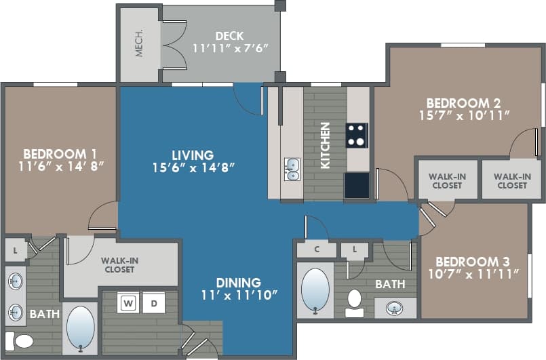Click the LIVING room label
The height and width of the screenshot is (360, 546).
tap(192, 155)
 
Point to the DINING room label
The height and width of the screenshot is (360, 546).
tap(238, 282)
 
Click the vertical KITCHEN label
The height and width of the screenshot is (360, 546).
tap(326, 145)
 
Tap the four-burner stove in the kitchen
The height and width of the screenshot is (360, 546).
tap(357, 135)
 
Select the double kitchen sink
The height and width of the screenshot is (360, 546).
tap(292, 169)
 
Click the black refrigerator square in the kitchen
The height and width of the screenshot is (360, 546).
tap(357, 184)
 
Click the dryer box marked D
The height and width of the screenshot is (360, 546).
tap(153, 303)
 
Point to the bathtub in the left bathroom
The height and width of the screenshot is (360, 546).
tap(81, 327)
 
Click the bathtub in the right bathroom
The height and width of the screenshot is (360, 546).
tap(315, 290)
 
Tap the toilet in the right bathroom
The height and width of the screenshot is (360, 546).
tap(354, 302)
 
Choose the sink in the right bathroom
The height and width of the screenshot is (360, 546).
tap(395, 308)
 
